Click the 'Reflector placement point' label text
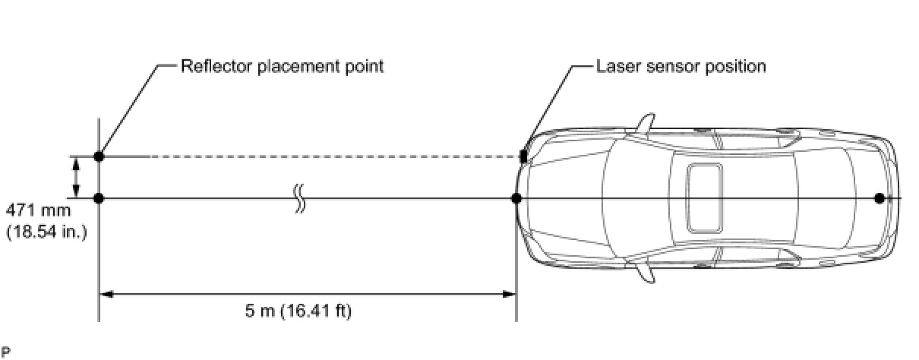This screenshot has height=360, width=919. click(x=282, y=66)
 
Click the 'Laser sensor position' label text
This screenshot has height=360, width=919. click(x=681, y=66)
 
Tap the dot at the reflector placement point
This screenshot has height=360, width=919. click(x=99, y=156)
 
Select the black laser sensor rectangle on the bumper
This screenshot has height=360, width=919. click(x=523, y=156)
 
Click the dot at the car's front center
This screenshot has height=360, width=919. click(x=516, y=199)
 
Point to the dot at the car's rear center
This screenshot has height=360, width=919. click(x=879, y=199)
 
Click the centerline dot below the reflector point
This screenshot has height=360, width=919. click(x=99, y=199)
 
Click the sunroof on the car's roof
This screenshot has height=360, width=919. click(x=704, y=198)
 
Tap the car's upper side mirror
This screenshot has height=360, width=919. click(x=646, y=123)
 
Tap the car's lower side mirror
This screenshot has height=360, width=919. click(x=646, y=274)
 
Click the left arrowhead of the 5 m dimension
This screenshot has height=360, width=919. click(x=106, y=294)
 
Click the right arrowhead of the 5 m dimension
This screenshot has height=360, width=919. click(x=509, y=294)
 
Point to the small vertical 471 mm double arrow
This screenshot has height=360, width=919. click(x=76, y=178)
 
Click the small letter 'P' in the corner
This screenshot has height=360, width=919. click(x=5, y=352)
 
